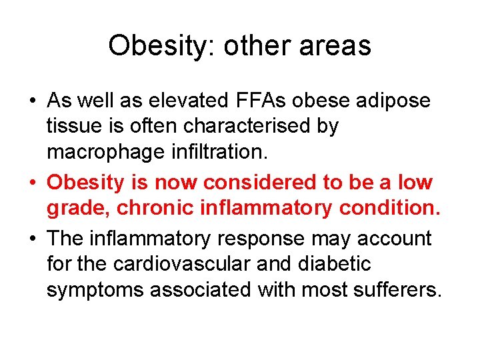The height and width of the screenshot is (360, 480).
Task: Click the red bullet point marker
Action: [x=32, y=183]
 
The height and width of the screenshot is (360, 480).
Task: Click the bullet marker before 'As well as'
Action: [x=32, y=101]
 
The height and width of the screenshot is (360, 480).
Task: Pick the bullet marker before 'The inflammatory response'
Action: [x=32, y=239]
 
